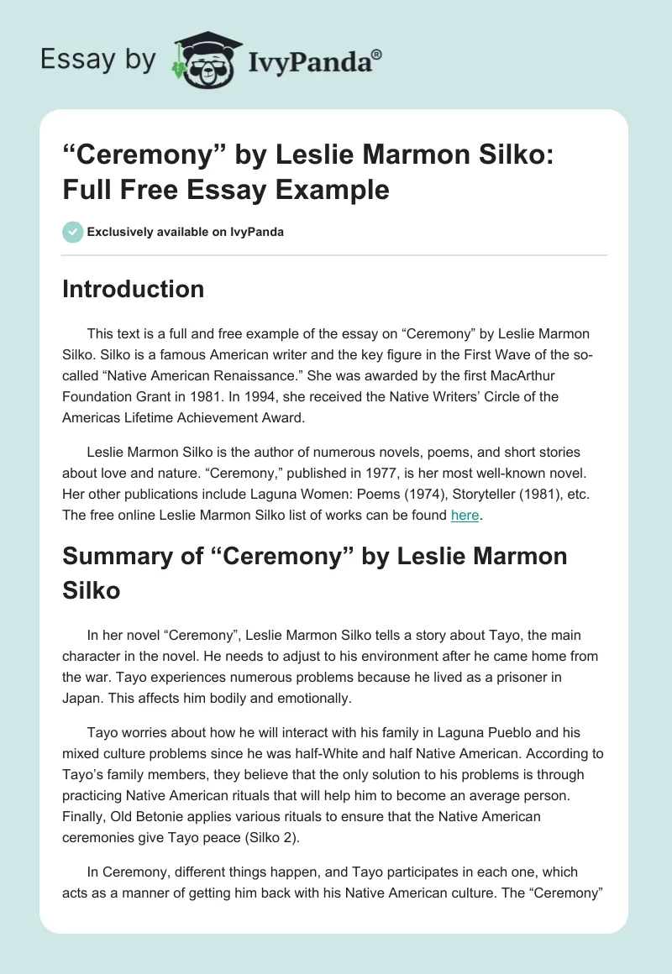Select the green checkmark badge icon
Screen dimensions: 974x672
click(x=72, y=232)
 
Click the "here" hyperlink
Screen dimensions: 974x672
click(x=465, y=516)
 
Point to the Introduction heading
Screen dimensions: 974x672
click(x=134, y=289)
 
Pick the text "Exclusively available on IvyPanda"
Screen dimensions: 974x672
click(x=186, y=232)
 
